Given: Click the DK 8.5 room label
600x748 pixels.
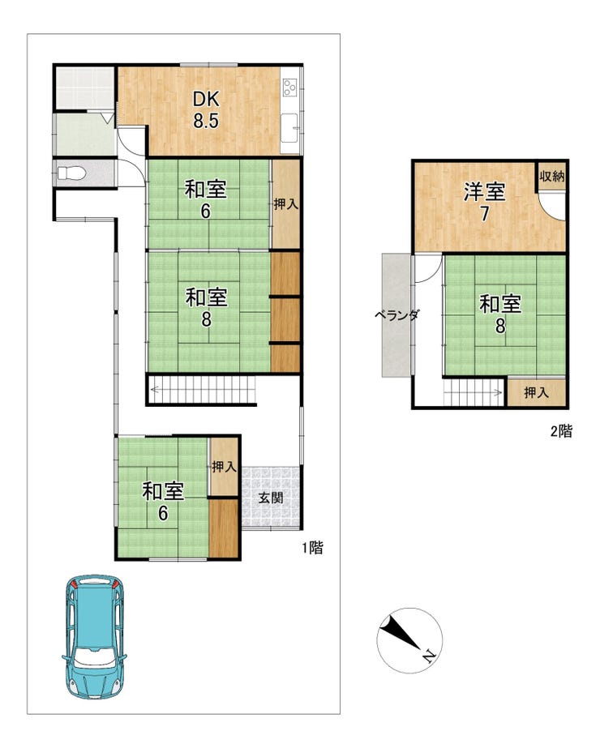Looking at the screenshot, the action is click(206, 109).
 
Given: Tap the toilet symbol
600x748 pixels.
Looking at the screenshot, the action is click(71, 173).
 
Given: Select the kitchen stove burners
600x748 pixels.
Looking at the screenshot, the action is click(289, 87).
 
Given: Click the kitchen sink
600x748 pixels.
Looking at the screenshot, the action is click(289, 128).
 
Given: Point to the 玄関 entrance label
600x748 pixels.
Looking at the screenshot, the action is click(271, 498).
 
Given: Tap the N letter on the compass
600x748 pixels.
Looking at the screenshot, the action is click(429, 657).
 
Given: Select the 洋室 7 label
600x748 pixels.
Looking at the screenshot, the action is click(485, 203).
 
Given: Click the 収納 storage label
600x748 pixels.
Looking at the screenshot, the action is click(552, 177).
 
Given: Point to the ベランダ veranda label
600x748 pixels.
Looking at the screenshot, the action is click(396, 315).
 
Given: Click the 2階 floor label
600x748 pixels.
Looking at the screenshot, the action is click(561, 431).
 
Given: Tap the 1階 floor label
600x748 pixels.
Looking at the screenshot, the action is click(313, 548).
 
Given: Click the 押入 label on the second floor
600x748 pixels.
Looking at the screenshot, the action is click(536, 392).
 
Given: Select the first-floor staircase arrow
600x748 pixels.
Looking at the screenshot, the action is click(203, 390).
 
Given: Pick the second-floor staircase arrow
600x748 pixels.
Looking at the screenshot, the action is click(473, 392).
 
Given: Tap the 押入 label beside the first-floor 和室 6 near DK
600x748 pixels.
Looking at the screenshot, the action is click(285, 205).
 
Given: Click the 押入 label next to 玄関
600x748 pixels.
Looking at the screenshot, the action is click(224, 467).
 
